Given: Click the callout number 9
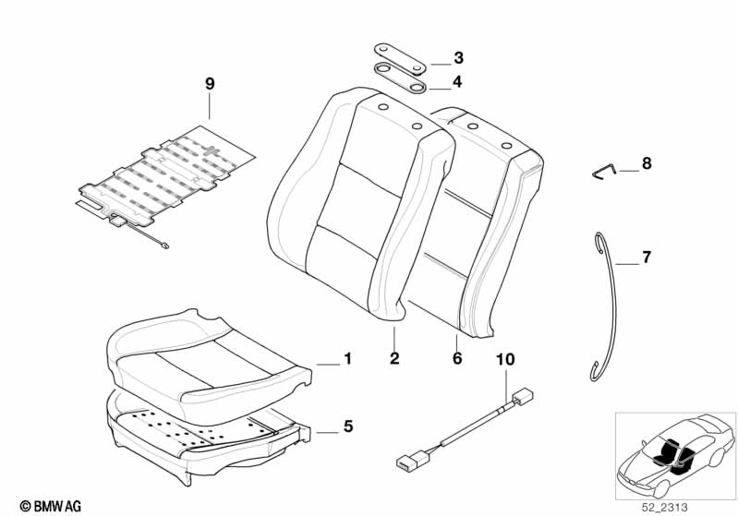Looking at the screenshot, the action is tap(210, 84).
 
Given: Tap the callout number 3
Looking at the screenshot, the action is tap(458, 58).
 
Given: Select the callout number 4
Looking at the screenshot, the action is tap(457, 82).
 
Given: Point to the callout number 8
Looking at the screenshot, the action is tap(647, 163).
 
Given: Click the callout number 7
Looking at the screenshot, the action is tap(647, 258).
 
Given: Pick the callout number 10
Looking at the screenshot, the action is tap(505, 359).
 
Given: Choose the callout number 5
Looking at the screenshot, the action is tap(348, 426).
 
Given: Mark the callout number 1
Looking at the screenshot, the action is tap(348, 359).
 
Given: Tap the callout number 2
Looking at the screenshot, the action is tap(394, 358).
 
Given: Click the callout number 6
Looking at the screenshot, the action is tap(457, 358).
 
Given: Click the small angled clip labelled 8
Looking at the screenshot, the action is tap(605, 172).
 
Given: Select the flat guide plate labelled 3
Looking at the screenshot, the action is tap(400, 59).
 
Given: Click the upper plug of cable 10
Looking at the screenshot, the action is tap(522, 397).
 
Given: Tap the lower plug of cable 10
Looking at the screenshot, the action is tap(411, 460).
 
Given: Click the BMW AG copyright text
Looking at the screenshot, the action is tap(51, 506).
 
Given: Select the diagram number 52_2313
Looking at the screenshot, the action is tap(663, 508).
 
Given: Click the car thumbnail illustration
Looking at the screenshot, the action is tap(675, 455).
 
